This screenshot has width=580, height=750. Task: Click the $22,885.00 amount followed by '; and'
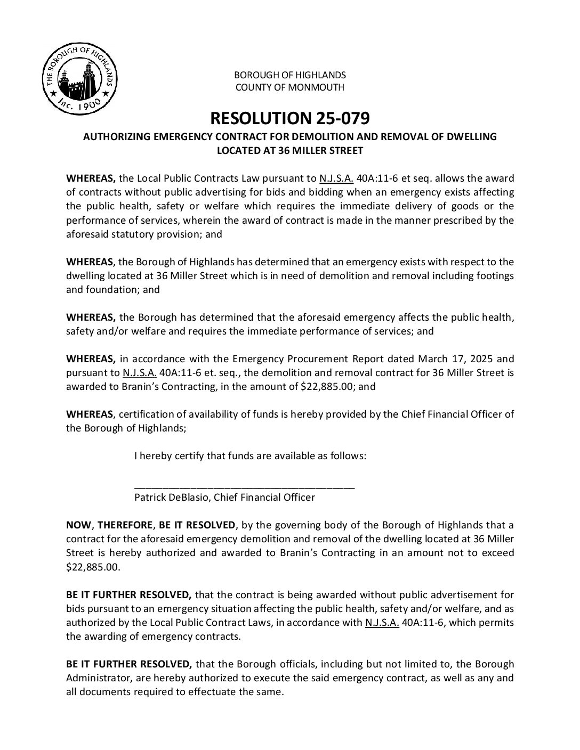[325, 386]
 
